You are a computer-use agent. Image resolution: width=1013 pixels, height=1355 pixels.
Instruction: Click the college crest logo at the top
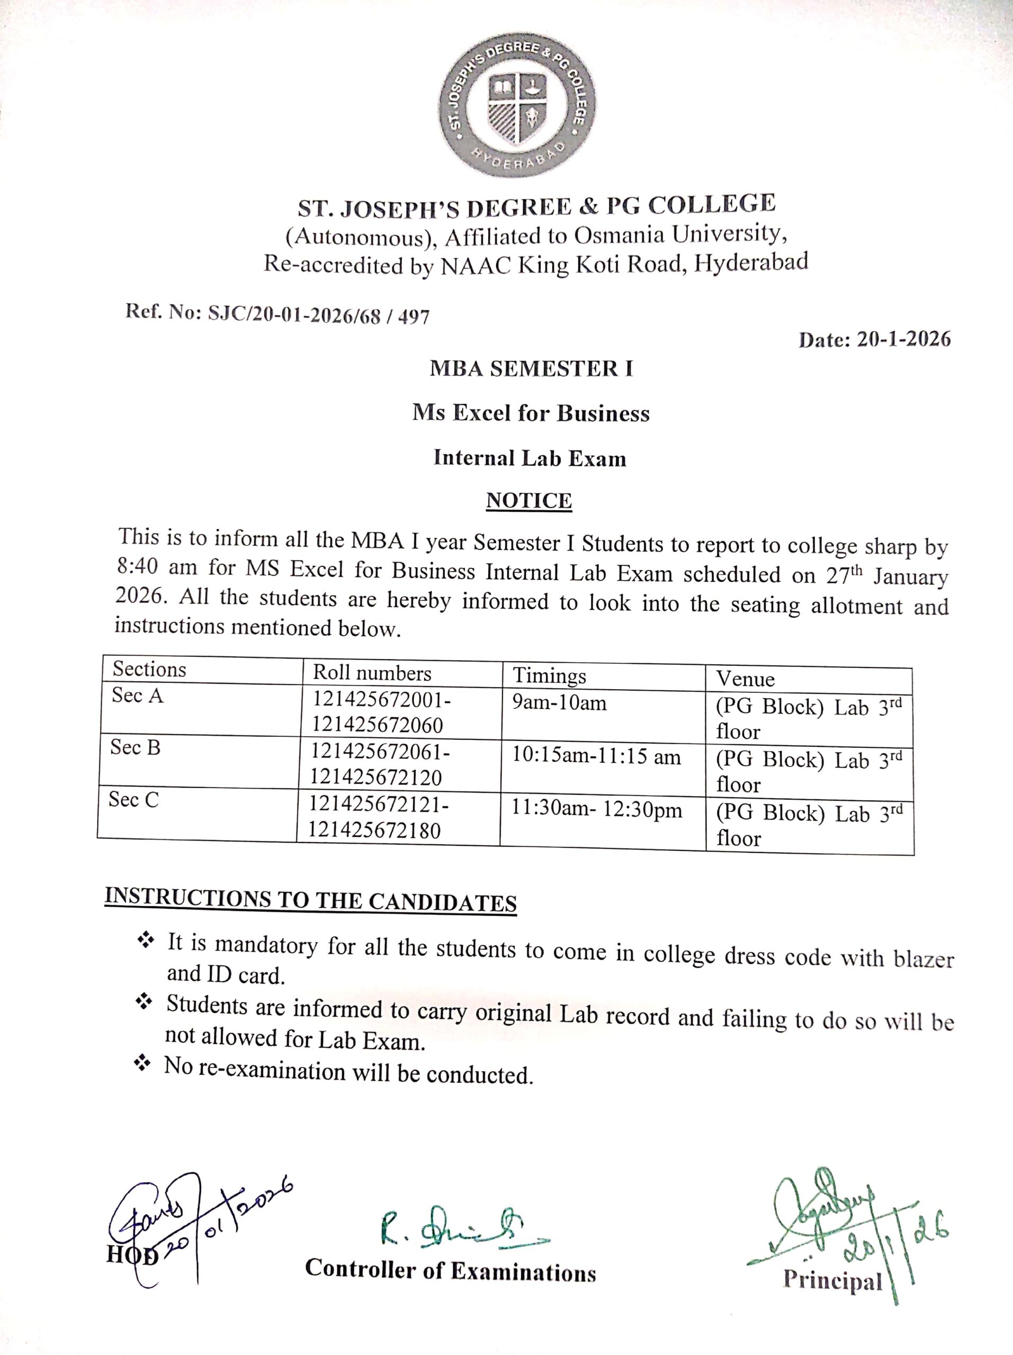pos(518,105)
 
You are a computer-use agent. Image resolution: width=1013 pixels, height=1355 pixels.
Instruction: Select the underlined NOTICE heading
pos(529,501)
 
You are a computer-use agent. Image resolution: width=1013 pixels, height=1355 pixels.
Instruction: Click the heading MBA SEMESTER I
pos(531,369)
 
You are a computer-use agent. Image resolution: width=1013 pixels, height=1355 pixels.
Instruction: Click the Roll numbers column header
pos(372,673)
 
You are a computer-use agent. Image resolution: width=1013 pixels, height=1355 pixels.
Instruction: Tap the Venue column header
pos(745,679)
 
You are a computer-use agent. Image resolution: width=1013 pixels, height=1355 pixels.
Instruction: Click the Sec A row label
pos(137,696)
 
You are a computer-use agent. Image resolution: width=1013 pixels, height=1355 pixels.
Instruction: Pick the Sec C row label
pos(133,800)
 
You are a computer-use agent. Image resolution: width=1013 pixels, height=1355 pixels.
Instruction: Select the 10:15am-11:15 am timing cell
pos(596,756)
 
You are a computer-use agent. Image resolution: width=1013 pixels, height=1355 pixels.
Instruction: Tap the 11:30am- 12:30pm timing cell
pos(596,810)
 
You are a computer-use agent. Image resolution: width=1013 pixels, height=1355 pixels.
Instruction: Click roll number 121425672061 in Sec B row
pos(380,752)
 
